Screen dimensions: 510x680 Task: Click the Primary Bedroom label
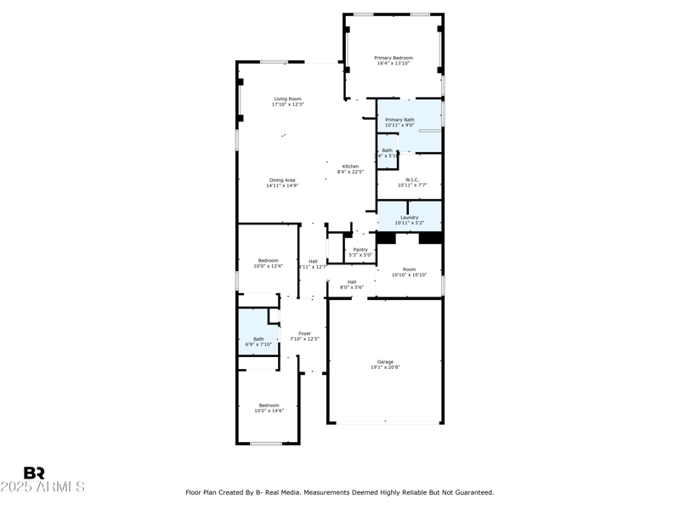[393, 57]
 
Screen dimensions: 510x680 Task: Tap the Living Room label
[287, 99]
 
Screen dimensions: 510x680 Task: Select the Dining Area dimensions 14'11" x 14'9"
[282, 185]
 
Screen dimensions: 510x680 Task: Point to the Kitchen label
[350, 166]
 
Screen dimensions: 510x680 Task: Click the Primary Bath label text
[399, 120]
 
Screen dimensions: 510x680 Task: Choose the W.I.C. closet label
[412, 179]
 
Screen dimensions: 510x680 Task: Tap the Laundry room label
[409, 218]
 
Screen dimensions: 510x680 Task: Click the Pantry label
[360, 249]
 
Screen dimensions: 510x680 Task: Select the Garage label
[385, 361]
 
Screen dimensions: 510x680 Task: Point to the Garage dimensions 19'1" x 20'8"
[385, 367]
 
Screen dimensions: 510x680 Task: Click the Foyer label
[304, 333]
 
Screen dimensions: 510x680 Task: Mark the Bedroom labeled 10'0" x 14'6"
[269, 411]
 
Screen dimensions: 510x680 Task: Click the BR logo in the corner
[34, 473]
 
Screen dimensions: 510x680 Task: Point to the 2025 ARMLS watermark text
[42, 487]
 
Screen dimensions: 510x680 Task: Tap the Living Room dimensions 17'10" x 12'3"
[287, 105]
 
